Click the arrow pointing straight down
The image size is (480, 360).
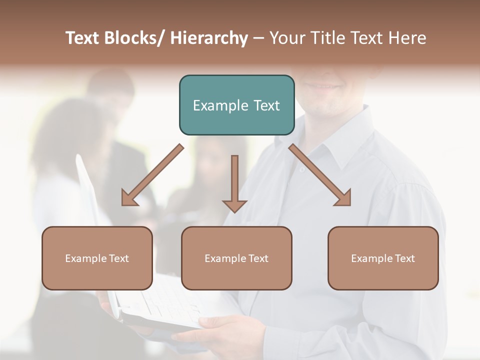pyautogui.click(x=234, y=185)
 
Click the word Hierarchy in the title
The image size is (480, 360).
pyautogui.click(x=209, y=38)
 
